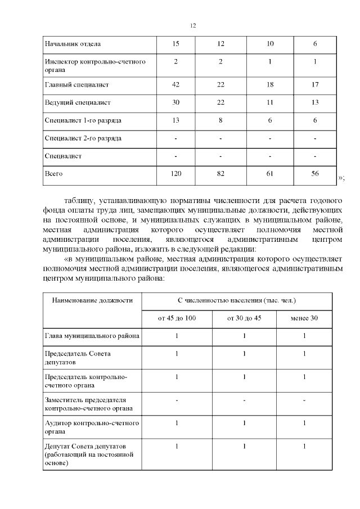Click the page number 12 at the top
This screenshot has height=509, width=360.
coord(193,26)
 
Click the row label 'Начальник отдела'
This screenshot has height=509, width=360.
coord(73,44)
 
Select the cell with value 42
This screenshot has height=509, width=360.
coord(176,85)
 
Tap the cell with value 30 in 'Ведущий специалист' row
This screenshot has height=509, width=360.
coord(176,102)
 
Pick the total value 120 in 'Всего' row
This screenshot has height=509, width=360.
coord(176,174)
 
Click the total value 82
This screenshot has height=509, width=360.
coord(220,174)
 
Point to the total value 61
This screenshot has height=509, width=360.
coord(271,174)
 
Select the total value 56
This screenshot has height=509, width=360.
coord(315,174)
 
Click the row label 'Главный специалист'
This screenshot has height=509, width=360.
coord(76,85)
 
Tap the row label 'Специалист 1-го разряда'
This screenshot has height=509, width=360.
coord(83,120)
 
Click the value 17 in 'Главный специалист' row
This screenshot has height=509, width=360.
coord(315,85)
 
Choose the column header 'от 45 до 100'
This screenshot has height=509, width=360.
coord(177,318)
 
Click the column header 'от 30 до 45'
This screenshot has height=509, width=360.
coord(244,318)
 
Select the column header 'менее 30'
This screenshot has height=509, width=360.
coord(304,318)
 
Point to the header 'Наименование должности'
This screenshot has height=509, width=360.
coord(92,300)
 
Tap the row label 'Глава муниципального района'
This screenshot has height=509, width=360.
coord(92,336)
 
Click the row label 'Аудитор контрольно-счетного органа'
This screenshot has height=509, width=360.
coord(91,426)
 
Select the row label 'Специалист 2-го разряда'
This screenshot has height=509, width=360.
coord(83,138)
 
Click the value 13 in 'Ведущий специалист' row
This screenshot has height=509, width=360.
coord(315,102)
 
